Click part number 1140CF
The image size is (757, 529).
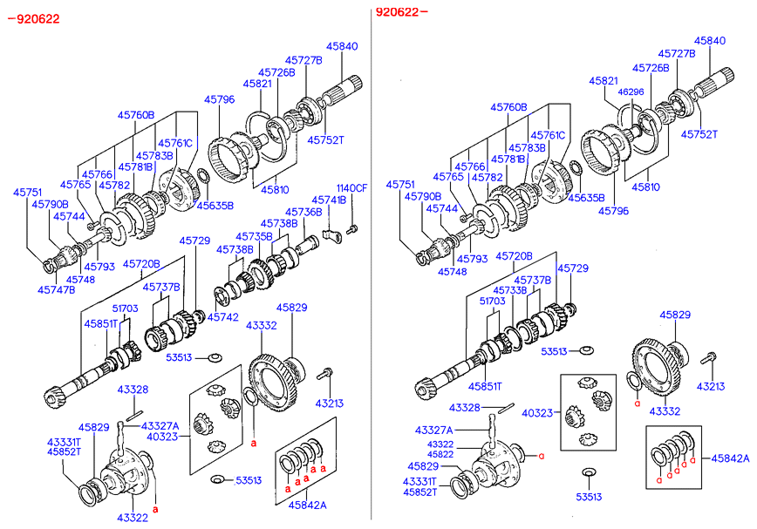pyautogui.click(x=352, y=188)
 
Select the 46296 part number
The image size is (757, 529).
pyautogui.click(x=631, y=92)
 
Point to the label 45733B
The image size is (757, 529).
pyautogui.click(x=510, y=290)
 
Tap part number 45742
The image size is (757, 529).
pyautogui.click(x=222, y=318)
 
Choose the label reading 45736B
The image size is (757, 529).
pyautogui.click(x=304, y=212)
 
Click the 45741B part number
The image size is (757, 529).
pyautogui.click(x=329, y=200)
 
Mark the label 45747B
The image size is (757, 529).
pyautogui.click(x=57, y=289)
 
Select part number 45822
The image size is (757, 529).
pyautogui.click(x=440, y=454)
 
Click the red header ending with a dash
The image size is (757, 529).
pyautogui.click(x=402, y=12)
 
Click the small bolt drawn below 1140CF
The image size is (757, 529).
pyautogui.click(x=351, y=229)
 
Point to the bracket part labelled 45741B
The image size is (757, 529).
pyautogui.click(x=329, y=233)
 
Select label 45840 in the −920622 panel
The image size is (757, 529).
pyautogui.click(x=342, y=46)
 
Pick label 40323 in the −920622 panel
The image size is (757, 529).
pyautogui.click(x=162, y=436)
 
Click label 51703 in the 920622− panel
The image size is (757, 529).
pyautogui.click(x=492, y=301)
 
